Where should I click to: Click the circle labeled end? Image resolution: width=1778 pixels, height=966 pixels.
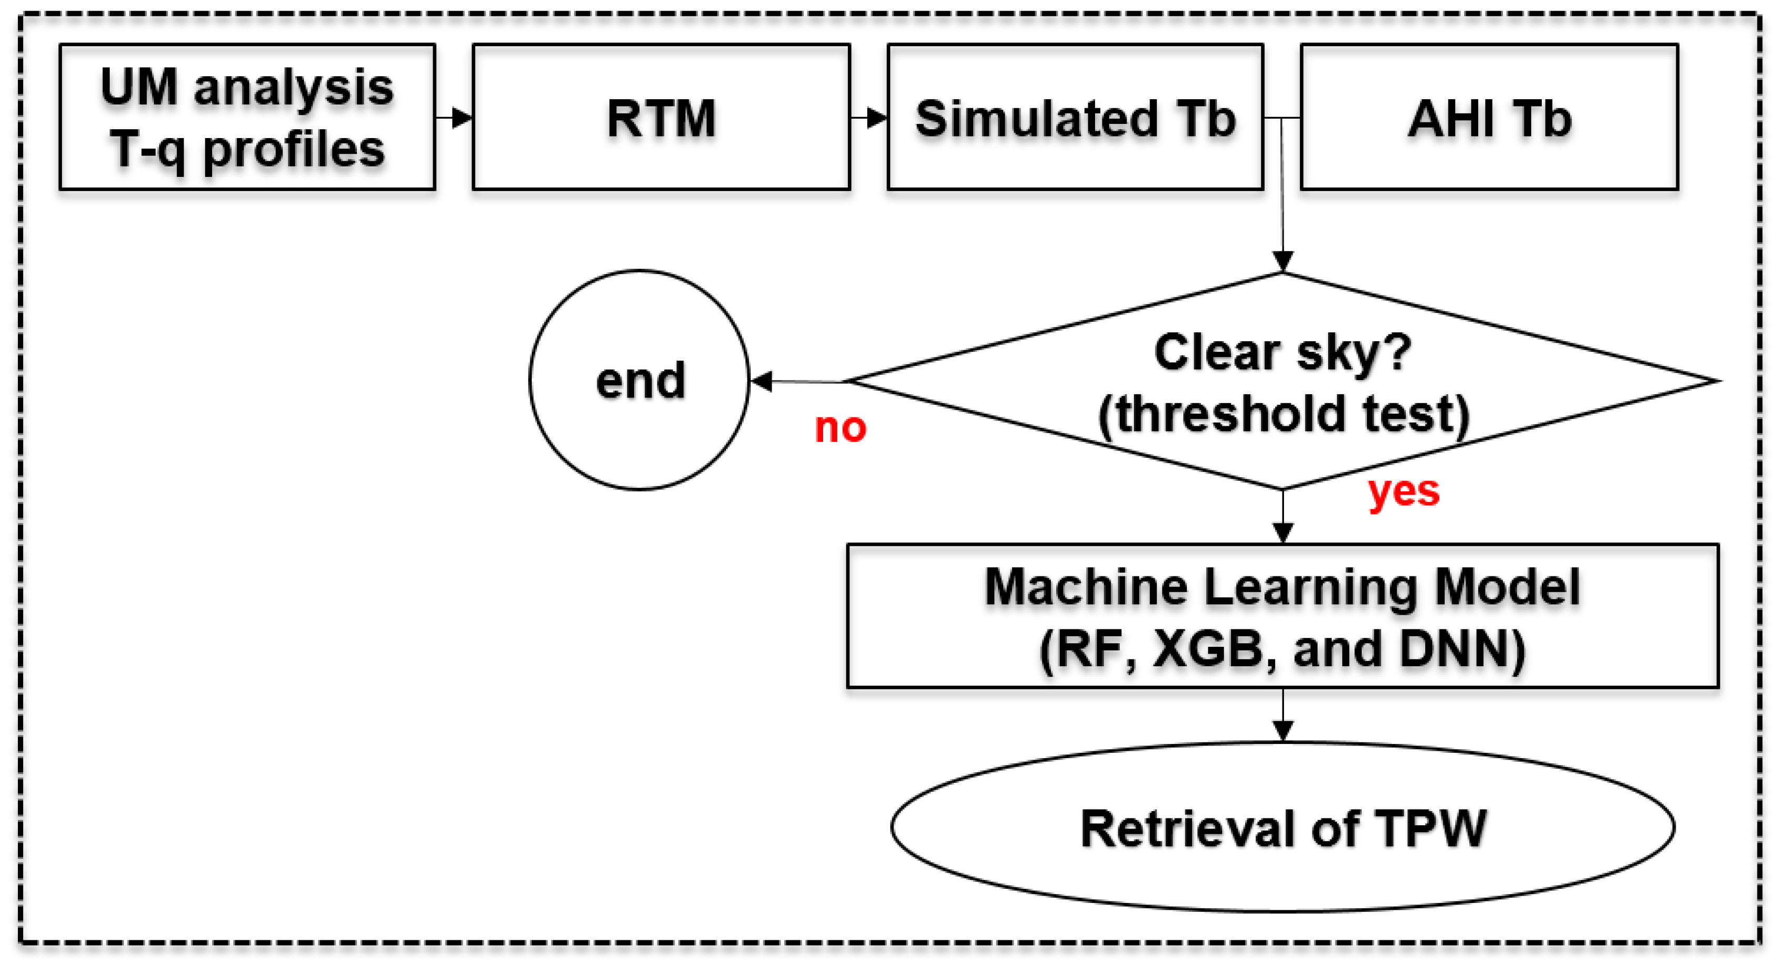point(639,380)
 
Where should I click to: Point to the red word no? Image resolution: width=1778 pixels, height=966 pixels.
point(840,427)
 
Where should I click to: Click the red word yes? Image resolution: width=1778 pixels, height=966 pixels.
point(1403,491)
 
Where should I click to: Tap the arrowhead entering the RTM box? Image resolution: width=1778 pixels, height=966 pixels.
point(462,118)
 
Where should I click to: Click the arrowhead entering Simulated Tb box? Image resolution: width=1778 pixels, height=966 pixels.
point(877,118)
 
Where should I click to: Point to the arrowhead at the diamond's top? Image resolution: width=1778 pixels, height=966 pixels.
point(1282,261)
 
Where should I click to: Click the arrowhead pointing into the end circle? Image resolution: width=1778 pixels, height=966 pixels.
point(762,381)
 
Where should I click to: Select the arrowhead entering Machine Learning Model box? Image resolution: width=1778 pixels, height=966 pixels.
point(1282,532)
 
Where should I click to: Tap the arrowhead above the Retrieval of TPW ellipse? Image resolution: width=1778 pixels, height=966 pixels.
point(1282,730)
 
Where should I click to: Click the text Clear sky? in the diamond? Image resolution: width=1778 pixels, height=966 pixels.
point(1282,352)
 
